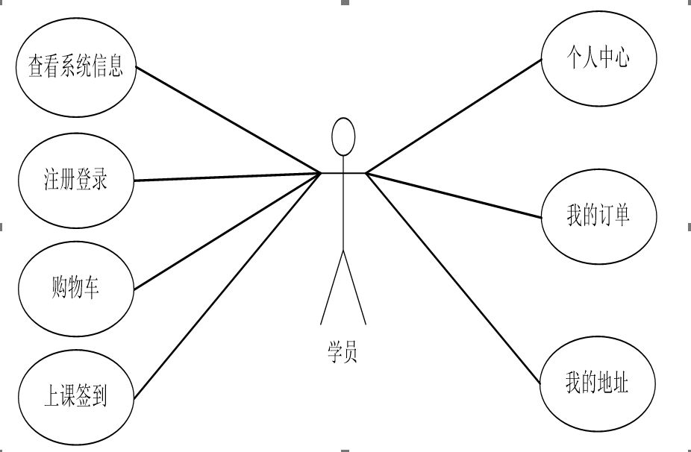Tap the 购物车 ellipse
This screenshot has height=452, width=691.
(x=75, y=288)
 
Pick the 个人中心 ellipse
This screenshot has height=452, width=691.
(x=598, y=59)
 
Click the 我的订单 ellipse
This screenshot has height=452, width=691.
(x=598, y=216)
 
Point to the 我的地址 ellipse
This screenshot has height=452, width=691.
(x=596, y=385)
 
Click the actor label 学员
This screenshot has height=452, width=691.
(x=343, y=351)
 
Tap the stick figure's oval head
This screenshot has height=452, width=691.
(x=343, y=136)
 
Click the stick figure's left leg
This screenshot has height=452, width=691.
(x=331, y=288)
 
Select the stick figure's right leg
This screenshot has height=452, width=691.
(x=354, y=288)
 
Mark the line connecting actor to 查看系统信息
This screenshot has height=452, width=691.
(x=228, y=120)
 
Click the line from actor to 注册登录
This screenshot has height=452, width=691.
(x=228, y=177)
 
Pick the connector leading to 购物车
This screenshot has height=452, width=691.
(x=228, y=230)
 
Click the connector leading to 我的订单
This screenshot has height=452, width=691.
(x=454, y=195)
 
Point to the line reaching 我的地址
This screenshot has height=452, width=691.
(x=454, y=279)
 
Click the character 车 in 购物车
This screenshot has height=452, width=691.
(x=91, y=289)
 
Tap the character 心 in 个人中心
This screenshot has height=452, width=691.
(x=621, y=59)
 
